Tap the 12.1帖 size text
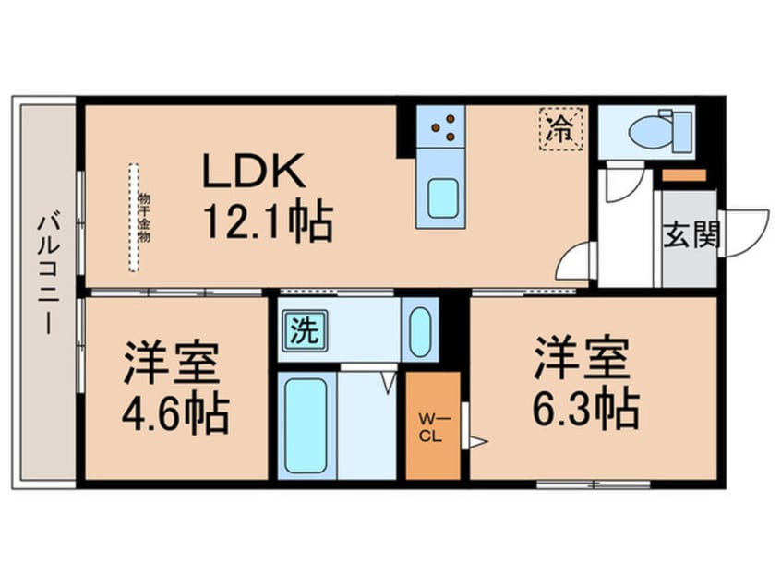(x=266, y=222)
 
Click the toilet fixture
(x=657, y=130)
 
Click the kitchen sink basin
(x=440, y=197)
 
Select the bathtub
(x=306, y=424)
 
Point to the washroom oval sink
(x=419, y=328)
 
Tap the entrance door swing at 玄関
(x=744, y=233)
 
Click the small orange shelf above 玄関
(x=684, y=175)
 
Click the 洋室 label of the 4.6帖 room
(x=172, y=364)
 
